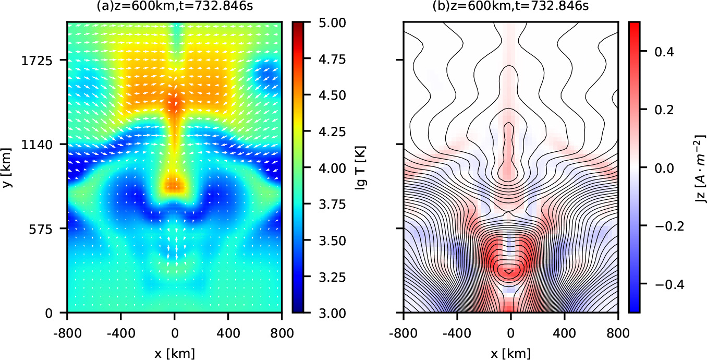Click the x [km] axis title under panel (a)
coord(174,353)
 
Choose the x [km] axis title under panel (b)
coord(510,353)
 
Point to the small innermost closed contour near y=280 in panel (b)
coord(510,271)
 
